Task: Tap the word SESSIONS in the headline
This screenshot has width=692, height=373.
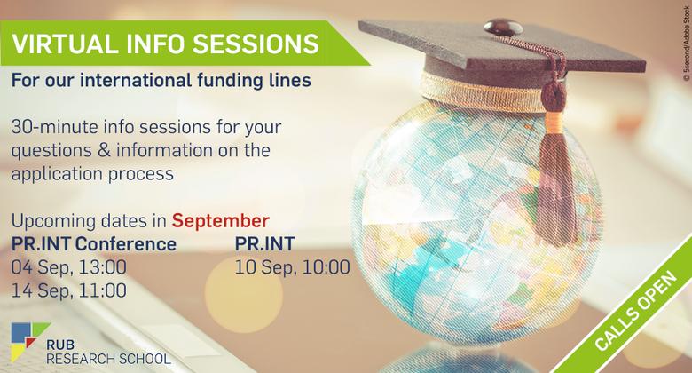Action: pyautogui.click(x=256, y=44)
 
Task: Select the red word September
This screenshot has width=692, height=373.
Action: pyautogui.click(x=221, y=221)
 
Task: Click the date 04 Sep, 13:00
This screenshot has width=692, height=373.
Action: pyautogui.click(x=69, y=267)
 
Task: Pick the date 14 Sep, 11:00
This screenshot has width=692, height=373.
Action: pyautogui.click(x=69, y=290)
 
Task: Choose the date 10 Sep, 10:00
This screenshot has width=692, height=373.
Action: pyautogui.click(x=292, y=267)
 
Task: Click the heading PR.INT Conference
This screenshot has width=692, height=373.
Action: pyautogui.click(x=93, y=244)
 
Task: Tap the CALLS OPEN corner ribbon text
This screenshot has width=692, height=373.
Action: pyautogui.click(x=635, y=311)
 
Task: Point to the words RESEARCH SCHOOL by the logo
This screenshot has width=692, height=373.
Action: pyautogui.click(x=108, y=359)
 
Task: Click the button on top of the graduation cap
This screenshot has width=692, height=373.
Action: pyautogui.click(x=503, y=28)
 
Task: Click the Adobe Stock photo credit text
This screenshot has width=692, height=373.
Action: pyautogui.click(x=687, y=44)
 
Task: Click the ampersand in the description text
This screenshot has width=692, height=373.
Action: pyautogui.click(x=104, y=150)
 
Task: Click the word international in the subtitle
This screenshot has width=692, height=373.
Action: pyautogui.click(x=136, y=81)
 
